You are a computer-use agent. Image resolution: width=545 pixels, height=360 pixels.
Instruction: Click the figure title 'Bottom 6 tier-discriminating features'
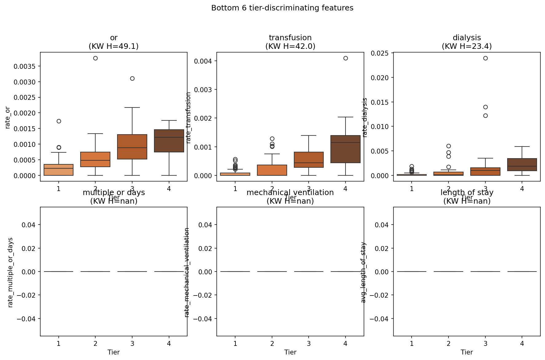tap(282, 8)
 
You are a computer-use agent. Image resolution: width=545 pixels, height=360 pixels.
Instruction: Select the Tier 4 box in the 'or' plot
tap(169, 141)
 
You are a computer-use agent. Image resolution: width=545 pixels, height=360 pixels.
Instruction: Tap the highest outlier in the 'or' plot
tap(95, 58)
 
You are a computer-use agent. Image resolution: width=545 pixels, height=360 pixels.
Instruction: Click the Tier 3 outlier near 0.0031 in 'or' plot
tap(132, 78)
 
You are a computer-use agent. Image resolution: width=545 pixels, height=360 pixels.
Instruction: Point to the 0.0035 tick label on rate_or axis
tap(24, 66)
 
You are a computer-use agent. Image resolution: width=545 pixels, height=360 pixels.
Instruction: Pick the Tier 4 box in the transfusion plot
tap(346, 149)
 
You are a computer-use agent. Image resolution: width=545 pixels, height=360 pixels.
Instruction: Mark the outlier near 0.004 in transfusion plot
tap(346, 58)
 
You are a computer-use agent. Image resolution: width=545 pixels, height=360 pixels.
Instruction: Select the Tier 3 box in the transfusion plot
tap(309, 160)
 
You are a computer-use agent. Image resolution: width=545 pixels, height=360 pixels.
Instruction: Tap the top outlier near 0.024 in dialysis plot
tap(485, 58)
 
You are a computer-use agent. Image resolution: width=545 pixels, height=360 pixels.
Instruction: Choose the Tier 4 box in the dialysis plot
tap(522, 165)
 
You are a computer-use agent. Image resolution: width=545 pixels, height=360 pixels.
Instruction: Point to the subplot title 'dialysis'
tap(467, 38)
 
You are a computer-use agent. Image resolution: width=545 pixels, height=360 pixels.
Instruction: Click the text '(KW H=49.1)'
tap(114, 46)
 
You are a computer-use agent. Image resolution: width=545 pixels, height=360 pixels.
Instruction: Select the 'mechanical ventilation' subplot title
tap(290, 193)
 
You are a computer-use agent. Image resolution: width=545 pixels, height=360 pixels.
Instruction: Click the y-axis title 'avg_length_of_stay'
tap(363, 272)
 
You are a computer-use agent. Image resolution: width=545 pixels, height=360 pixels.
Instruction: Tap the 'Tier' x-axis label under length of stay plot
tap(467, 352)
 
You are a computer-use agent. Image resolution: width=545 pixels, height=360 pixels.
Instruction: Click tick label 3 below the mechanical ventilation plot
tap(309, 343)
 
